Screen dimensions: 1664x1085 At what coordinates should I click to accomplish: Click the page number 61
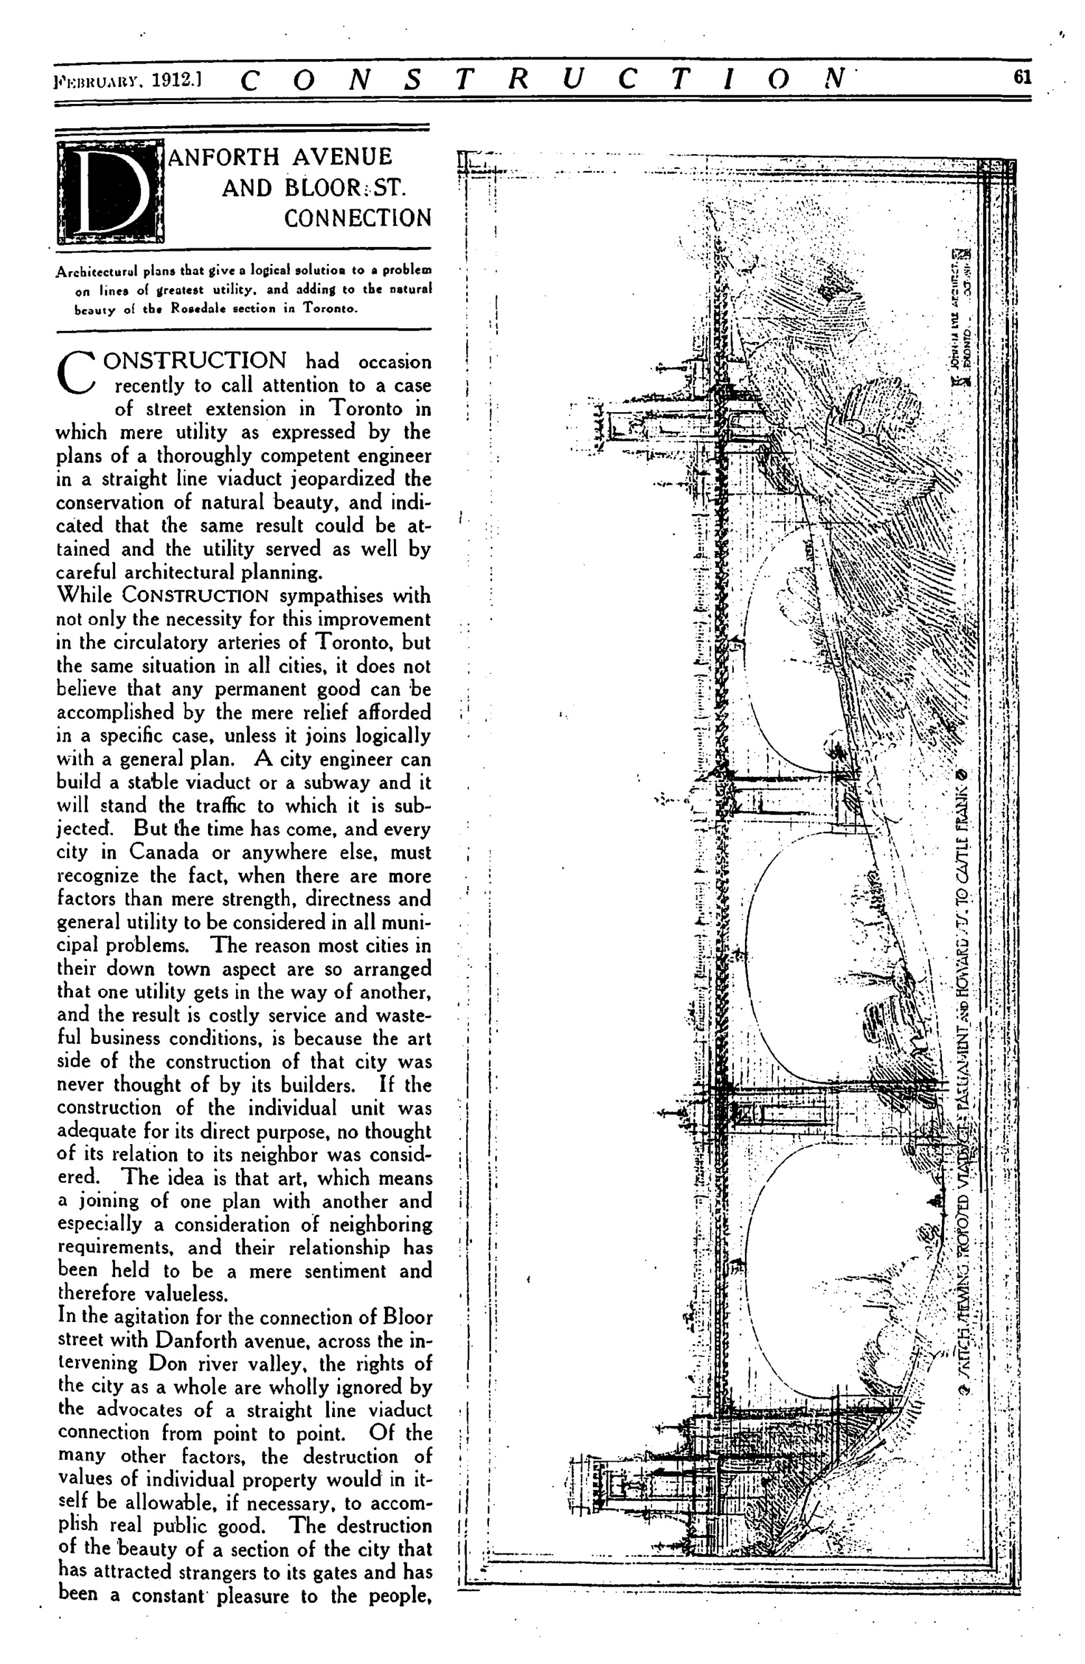pos(1022,77)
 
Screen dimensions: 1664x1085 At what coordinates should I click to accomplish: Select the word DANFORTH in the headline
pos(224,157)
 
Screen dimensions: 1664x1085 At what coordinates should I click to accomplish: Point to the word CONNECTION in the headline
pos(358,218)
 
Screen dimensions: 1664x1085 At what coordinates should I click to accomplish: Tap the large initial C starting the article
pos(76,372)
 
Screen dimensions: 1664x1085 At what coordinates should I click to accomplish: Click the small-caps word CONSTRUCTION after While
pos(195,595)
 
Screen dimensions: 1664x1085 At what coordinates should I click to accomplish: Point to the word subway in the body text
pos(334,783)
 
